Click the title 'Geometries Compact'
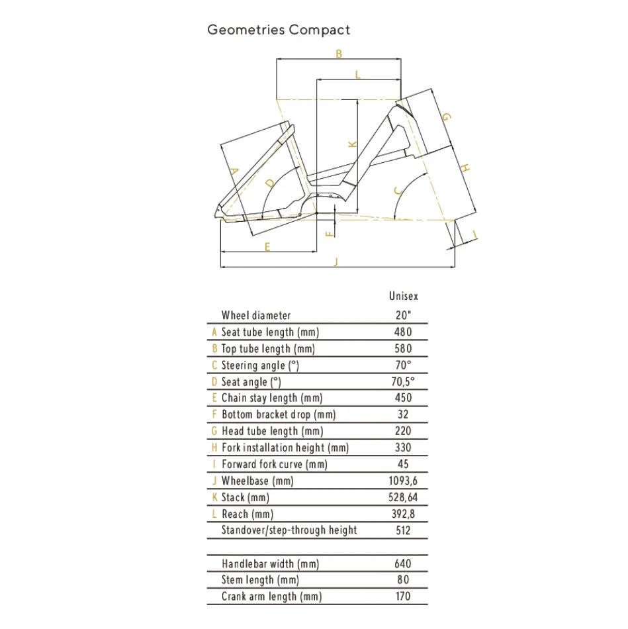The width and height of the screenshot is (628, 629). (279, 30)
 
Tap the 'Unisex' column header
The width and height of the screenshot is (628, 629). (404, 297)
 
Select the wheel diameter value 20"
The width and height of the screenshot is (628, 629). (402, 316)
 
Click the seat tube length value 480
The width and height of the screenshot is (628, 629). (402, 332)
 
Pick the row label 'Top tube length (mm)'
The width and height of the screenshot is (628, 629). (268, 349)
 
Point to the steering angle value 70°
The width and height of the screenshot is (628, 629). (402, 365)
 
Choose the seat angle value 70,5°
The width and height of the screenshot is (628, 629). (402, 382)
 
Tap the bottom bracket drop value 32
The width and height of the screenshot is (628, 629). (402, 414)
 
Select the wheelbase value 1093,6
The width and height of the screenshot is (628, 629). (402, 481)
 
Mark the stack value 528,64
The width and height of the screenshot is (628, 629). (402, 497)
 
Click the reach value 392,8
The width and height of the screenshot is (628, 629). (402, 514)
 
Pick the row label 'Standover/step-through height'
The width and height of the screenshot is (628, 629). (289, 530)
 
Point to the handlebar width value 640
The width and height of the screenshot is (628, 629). (402, 564)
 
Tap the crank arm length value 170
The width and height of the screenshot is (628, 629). (402, 597)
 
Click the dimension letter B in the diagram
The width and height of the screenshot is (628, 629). (339, 54)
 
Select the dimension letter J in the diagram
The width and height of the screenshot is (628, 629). (336, 262)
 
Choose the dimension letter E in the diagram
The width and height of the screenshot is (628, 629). (267, 247)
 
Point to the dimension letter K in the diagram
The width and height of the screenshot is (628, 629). (352, 144)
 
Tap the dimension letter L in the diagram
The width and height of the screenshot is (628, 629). (358, 74)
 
